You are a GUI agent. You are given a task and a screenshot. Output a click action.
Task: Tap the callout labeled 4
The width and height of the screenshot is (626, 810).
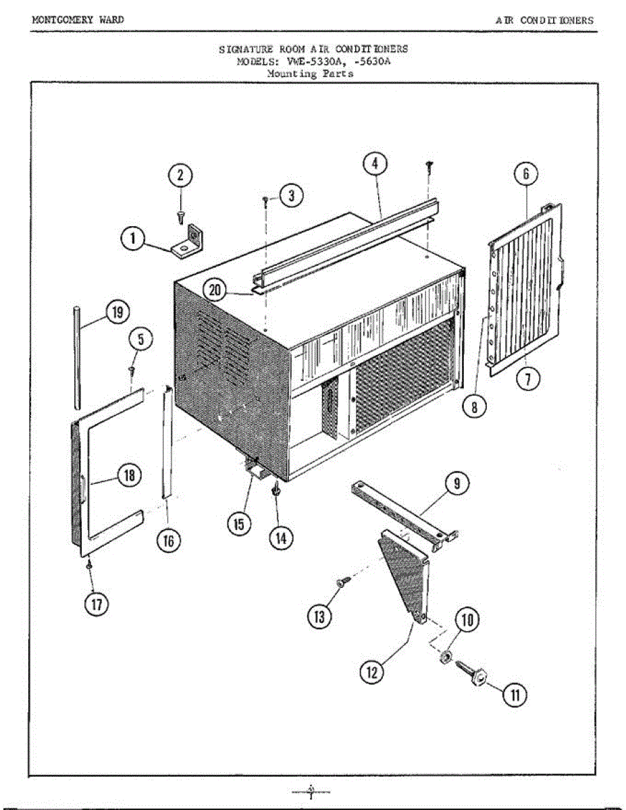click(375, 164)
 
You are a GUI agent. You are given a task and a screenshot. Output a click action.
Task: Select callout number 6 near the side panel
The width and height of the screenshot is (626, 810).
click(525, 173)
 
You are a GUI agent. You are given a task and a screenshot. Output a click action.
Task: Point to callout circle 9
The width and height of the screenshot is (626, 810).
click(457, 483)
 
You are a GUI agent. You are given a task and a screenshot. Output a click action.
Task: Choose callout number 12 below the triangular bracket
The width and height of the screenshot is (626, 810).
click(372, 672)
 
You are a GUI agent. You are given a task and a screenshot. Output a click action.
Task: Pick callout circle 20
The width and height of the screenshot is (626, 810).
click(215, 291)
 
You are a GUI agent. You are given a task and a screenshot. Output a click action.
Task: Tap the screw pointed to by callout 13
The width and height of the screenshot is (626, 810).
click(344, 579)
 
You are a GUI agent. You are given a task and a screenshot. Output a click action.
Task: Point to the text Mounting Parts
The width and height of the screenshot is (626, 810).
click(310, 74)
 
